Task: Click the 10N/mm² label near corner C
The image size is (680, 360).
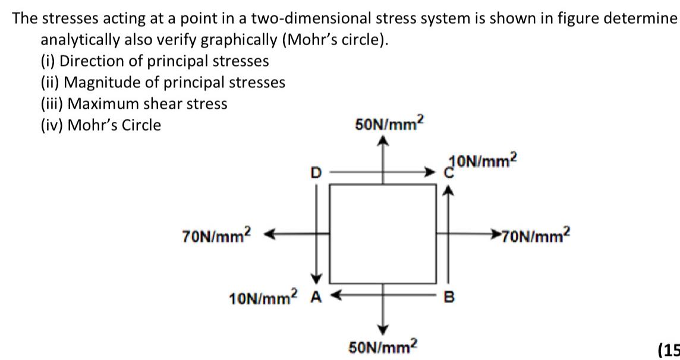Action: click(x=485, y=161)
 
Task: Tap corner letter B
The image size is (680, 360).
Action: click(x=449, y=296)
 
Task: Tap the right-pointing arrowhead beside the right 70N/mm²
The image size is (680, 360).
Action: click(x=495, y=233)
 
